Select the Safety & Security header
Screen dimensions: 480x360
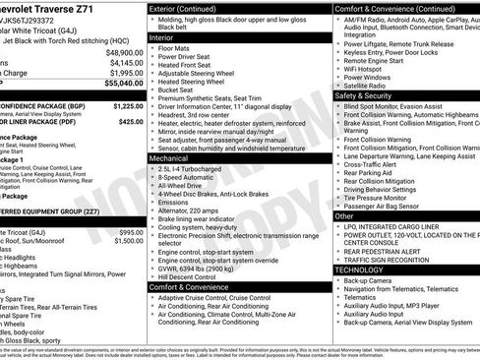(x=364, y=96)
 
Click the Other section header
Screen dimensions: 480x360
(x=344, y=215)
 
